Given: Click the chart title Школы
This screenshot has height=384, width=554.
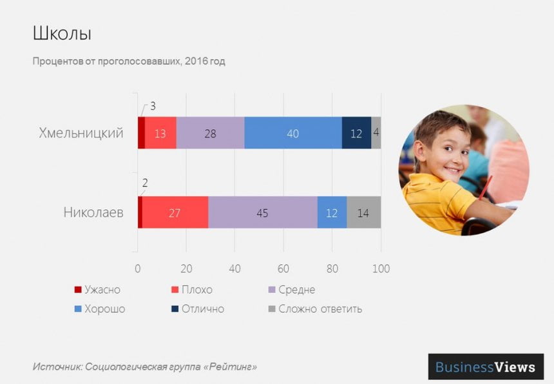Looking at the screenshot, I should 61,33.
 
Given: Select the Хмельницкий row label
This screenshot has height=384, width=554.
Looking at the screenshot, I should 81,134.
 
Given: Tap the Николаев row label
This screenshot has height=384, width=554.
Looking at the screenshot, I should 93,212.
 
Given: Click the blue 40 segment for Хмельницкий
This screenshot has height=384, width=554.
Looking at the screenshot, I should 293,134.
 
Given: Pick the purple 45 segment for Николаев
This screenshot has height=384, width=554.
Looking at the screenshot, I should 262,213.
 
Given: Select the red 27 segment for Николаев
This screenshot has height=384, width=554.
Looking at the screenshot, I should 175,213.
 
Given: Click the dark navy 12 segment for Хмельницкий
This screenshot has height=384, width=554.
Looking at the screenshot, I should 356,134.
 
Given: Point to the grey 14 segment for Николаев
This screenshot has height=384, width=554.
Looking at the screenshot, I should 363,213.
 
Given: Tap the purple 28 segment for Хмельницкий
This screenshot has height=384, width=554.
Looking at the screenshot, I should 210,134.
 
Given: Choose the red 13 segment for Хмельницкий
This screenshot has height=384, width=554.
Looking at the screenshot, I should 160,134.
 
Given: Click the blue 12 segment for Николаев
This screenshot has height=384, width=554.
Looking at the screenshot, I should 332,213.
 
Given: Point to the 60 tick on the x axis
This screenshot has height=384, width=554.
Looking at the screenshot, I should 283,268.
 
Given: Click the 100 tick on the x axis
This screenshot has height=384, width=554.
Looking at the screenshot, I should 381,268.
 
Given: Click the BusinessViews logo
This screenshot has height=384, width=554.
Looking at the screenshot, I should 485,367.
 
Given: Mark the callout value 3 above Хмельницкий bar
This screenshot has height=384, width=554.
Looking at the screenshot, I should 153,106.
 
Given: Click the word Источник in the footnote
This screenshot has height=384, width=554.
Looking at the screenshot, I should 57,367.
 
